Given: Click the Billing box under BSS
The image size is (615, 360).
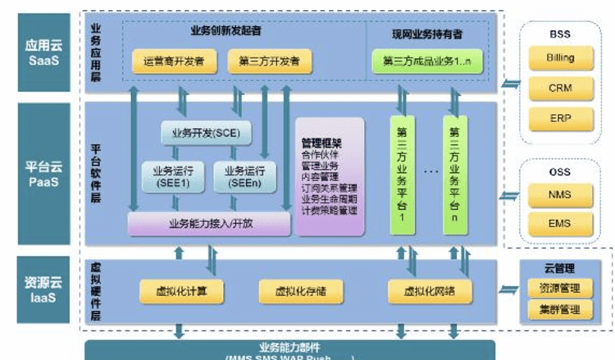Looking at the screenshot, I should coord(560,58).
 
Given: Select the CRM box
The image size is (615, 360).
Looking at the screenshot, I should coord(560,88).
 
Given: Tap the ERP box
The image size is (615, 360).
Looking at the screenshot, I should coord(560,118).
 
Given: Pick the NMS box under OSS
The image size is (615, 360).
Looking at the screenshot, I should coord(560,194).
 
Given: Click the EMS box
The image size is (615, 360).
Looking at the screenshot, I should coord(560,222).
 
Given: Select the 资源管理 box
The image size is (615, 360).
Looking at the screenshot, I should coord(559,289).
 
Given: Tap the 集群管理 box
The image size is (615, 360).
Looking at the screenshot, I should coord(559,310).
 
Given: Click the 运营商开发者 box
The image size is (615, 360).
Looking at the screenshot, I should coord(173,61).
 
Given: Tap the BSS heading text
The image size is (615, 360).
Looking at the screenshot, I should coord(560,34).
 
